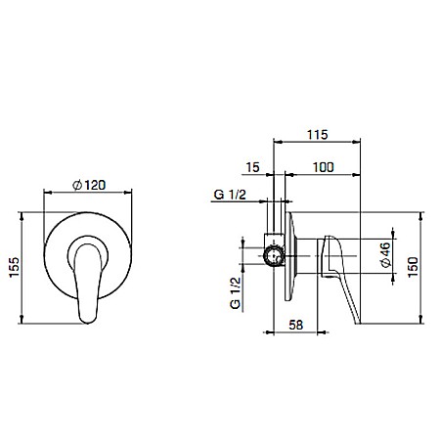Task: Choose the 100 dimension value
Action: [323, 168]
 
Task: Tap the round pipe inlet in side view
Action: [275, 257]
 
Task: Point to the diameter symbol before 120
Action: [76, 186]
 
